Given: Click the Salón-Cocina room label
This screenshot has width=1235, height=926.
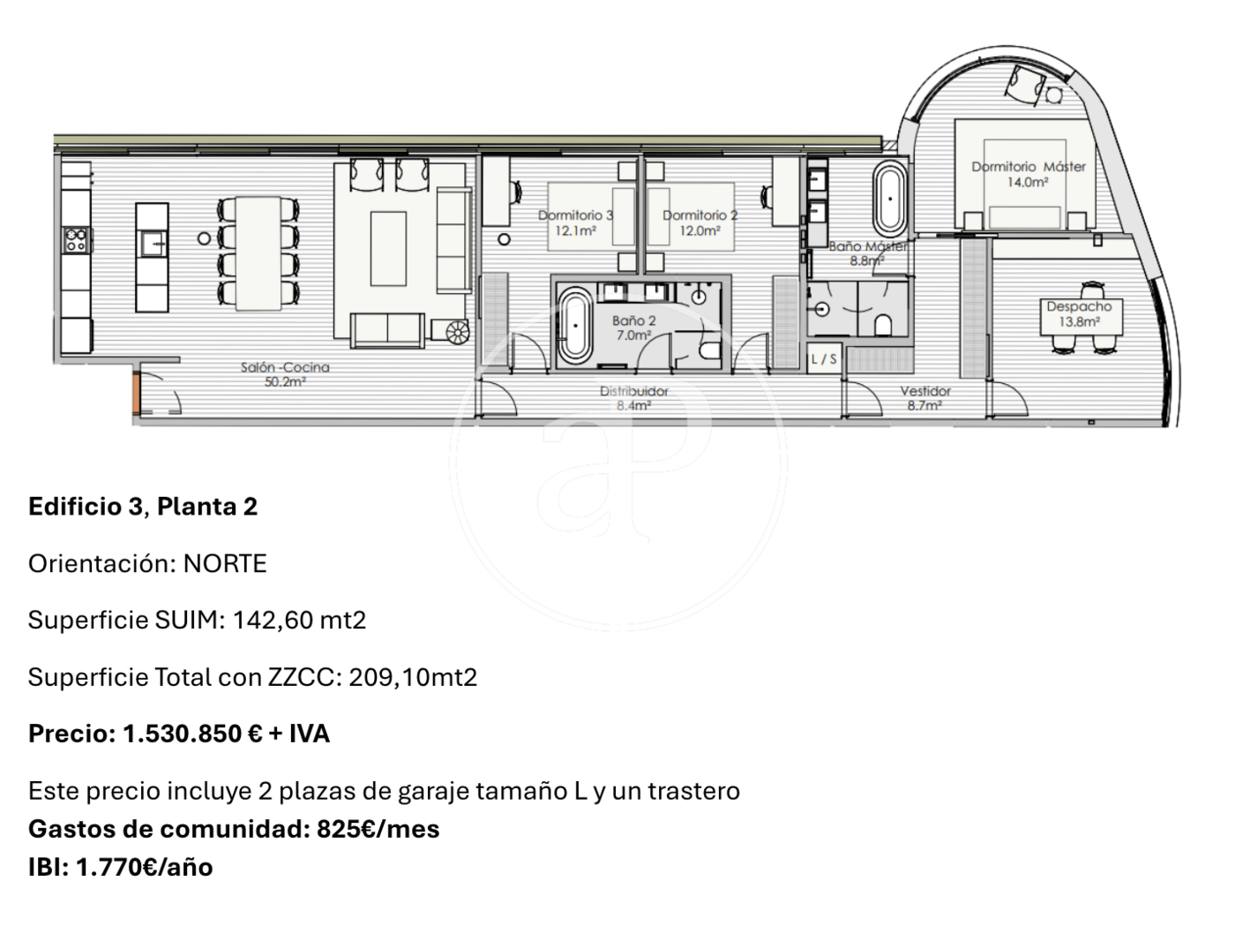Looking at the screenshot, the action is (285, 374).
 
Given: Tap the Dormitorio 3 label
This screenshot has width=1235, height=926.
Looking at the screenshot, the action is (575, 223).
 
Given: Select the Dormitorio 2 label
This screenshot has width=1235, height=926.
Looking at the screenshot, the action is (700, 223).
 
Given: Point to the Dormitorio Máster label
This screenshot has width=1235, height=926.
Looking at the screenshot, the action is (1028, 174).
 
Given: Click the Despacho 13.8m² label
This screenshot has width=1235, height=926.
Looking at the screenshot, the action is (1079, 314).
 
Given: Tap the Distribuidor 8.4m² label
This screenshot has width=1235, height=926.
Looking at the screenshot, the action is (633, 398).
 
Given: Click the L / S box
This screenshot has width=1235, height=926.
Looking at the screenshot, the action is (824, 358).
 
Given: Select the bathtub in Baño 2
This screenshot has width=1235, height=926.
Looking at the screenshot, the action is (574, 325).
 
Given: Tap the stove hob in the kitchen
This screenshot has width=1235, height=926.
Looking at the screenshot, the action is (76, 240).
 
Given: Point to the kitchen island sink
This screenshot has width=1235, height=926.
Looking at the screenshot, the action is (153, 245).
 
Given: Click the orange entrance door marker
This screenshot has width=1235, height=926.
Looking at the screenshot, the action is (136, 392).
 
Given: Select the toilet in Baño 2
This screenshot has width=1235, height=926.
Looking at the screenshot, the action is (711, 350).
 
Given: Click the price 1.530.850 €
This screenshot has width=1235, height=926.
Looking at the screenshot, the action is (192, 734).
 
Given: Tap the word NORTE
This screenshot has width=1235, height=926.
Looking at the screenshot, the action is (225, 563).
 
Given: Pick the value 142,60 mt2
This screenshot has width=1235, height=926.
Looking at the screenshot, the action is (299, 620).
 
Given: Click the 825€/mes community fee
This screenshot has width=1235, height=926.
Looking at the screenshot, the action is (378, 829).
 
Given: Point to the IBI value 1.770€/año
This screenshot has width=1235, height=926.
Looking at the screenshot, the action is (145, 867).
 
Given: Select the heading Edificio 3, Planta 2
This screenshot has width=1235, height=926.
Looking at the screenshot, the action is (143, 507).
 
